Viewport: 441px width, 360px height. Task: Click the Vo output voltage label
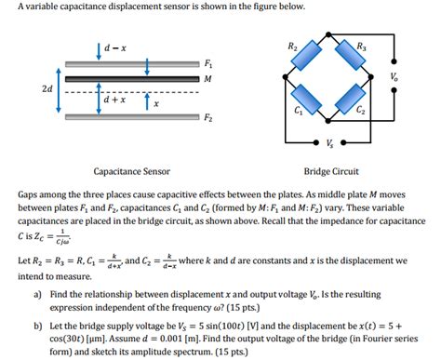(395, 75)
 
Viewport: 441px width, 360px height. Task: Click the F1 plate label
(207, 62)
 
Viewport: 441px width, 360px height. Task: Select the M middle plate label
(207, 78)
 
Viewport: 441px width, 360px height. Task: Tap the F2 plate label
(207, 118)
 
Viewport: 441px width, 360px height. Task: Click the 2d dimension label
(47, 88)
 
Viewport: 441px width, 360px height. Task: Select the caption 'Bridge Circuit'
(331, 171)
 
